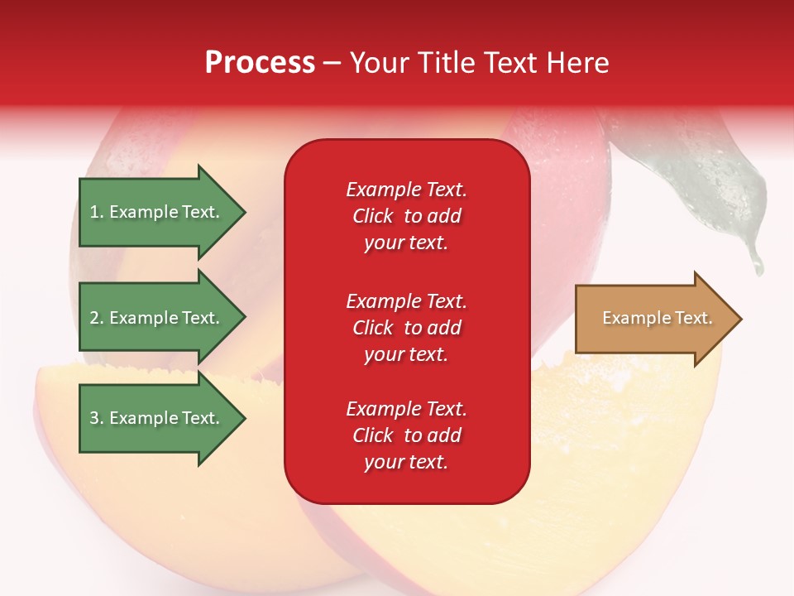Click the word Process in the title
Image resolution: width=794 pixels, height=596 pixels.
pos(260,63)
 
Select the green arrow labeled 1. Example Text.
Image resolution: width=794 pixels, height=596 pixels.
pos(157,212)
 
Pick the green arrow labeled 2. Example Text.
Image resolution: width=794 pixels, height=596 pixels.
pos(157,318)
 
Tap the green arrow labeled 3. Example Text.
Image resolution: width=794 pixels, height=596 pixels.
pos(157,418)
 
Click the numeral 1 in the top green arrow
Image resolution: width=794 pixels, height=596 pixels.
pos(93,212)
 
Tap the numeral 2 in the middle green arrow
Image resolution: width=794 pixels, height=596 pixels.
pos(93,318)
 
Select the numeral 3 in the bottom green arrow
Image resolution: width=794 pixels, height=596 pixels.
pos(93,418)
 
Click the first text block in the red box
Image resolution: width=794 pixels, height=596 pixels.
pos(406,216)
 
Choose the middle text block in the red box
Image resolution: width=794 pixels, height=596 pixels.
pos(406,328)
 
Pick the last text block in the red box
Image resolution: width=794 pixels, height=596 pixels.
pos(406,435)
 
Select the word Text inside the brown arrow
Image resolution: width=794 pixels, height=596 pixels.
pos(693,318)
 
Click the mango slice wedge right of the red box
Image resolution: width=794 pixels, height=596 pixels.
pos(629,430)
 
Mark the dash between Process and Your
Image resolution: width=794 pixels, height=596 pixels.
pos(332,63)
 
